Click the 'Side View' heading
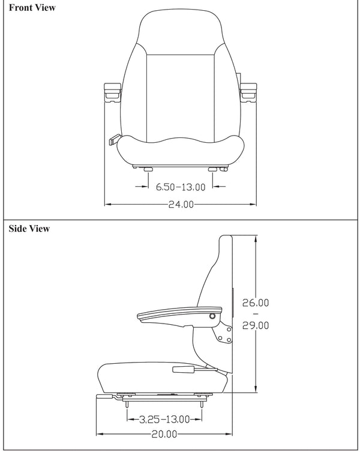click(29, 229)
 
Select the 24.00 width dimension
click(181, 204)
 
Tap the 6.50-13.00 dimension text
click(181, 187)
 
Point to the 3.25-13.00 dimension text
click(164, 418)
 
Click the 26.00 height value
click(255, 303)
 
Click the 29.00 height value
click(255, 325)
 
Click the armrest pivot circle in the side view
click(212, 316)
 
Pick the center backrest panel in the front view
click(181, 90)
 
